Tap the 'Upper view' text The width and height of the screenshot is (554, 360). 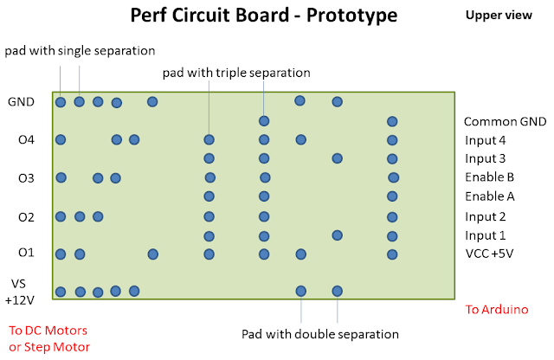click(x=497, y=15)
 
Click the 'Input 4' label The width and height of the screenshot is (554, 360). click(x=485, y=140)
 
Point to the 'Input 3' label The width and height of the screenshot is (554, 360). click(x=485, y=158)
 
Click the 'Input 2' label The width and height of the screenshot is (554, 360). click(x=485, y=216)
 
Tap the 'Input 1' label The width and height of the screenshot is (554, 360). click(x=485, y=235)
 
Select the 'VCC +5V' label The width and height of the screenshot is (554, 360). click(x=489, y=254)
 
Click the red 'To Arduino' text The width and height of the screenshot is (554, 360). click(x=496, y=309)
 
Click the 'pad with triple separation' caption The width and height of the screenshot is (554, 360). click(x=236, y=73)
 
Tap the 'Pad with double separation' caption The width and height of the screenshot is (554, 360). click(x=319, y=333)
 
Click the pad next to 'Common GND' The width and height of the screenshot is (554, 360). click(x=392, y=121)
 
